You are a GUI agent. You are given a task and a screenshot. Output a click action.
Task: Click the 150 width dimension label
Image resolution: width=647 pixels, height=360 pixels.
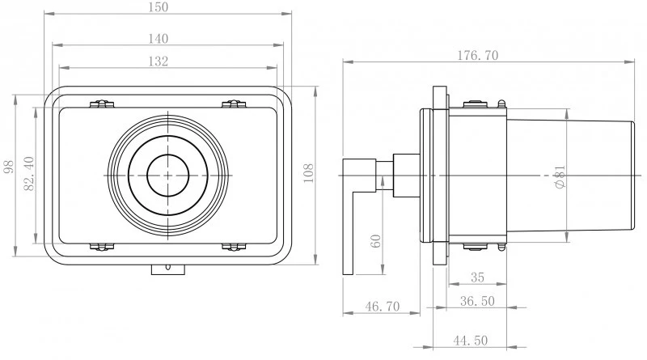pyautogui.click(x=159, y=7)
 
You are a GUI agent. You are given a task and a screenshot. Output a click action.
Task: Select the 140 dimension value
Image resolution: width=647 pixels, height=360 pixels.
pyautogui.click(x=159, y=39)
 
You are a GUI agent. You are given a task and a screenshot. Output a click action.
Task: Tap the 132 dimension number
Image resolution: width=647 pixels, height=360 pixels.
pyautogui.click(x=159, y=61)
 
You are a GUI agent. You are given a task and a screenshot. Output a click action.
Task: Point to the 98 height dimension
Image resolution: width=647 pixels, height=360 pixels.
pyautogui.click(x=8, y=167)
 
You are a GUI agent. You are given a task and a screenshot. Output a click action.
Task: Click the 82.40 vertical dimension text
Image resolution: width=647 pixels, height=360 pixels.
pyautogui.click(x=29, y=173)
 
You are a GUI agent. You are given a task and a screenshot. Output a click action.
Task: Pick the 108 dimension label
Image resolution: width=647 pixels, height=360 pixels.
pyautogui.click(x=308, y=173)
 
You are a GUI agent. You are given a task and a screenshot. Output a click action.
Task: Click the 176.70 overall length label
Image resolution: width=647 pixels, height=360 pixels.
pyautogui.click(x=477, y=55)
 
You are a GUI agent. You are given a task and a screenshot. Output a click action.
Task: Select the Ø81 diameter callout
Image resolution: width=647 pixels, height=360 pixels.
pyautogui.click(x=560, y=177)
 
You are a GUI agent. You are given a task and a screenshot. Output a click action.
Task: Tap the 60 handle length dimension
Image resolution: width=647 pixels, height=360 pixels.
pyautogui.click(x=375, y=241)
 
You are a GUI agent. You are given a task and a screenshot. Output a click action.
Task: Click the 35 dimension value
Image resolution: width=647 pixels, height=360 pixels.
pyautogui.click(x=477, y=277)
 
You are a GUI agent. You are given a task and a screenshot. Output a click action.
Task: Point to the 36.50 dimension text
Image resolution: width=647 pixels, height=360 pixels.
pyautogui.click(x=477, y=302)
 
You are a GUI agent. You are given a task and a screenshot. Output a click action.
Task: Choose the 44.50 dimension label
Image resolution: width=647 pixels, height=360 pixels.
pyautogui.click(x=471, y=341)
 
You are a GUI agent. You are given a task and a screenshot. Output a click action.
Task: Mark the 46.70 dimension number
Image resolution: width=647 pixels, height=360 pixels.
pyautogui.click(x=383, y=307)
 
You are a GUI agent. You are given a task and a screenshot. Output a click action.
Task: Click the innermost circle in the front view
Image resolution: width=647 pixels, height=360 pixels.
pyautogui.click(x=168, y=155)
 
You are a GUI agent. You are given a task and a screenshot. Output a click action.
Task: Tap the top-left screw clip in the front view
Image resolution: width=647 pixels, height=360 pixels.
pyautogui.click(x=102, y=104)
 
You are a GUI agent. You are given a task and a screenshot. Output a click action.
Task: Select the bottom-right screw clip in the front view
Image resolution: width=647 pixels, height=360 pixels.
pyautogui.click(x=234, y=247)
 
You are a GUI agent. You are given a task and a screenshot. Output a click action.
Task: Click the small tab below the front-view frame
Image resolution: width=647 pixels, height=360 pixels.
pyautogui.click(x=168, y=269)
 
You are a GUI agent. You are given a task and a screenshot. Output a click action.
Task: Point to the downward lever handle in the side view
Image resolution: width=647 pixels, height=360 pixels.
pyautogui.click(x=349, y=217)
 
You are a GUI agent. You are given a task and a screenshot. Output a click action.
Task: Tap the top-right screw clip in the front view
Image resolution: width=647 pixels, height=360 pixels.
pyautogui.click(x=234, y=104)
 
